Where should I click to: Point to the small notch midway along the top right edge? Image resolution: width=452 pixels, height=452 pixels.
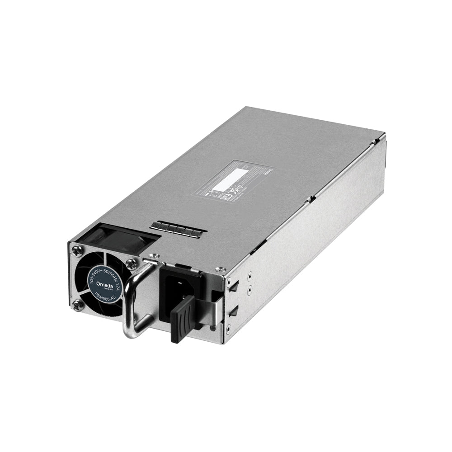pos(309,198)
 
